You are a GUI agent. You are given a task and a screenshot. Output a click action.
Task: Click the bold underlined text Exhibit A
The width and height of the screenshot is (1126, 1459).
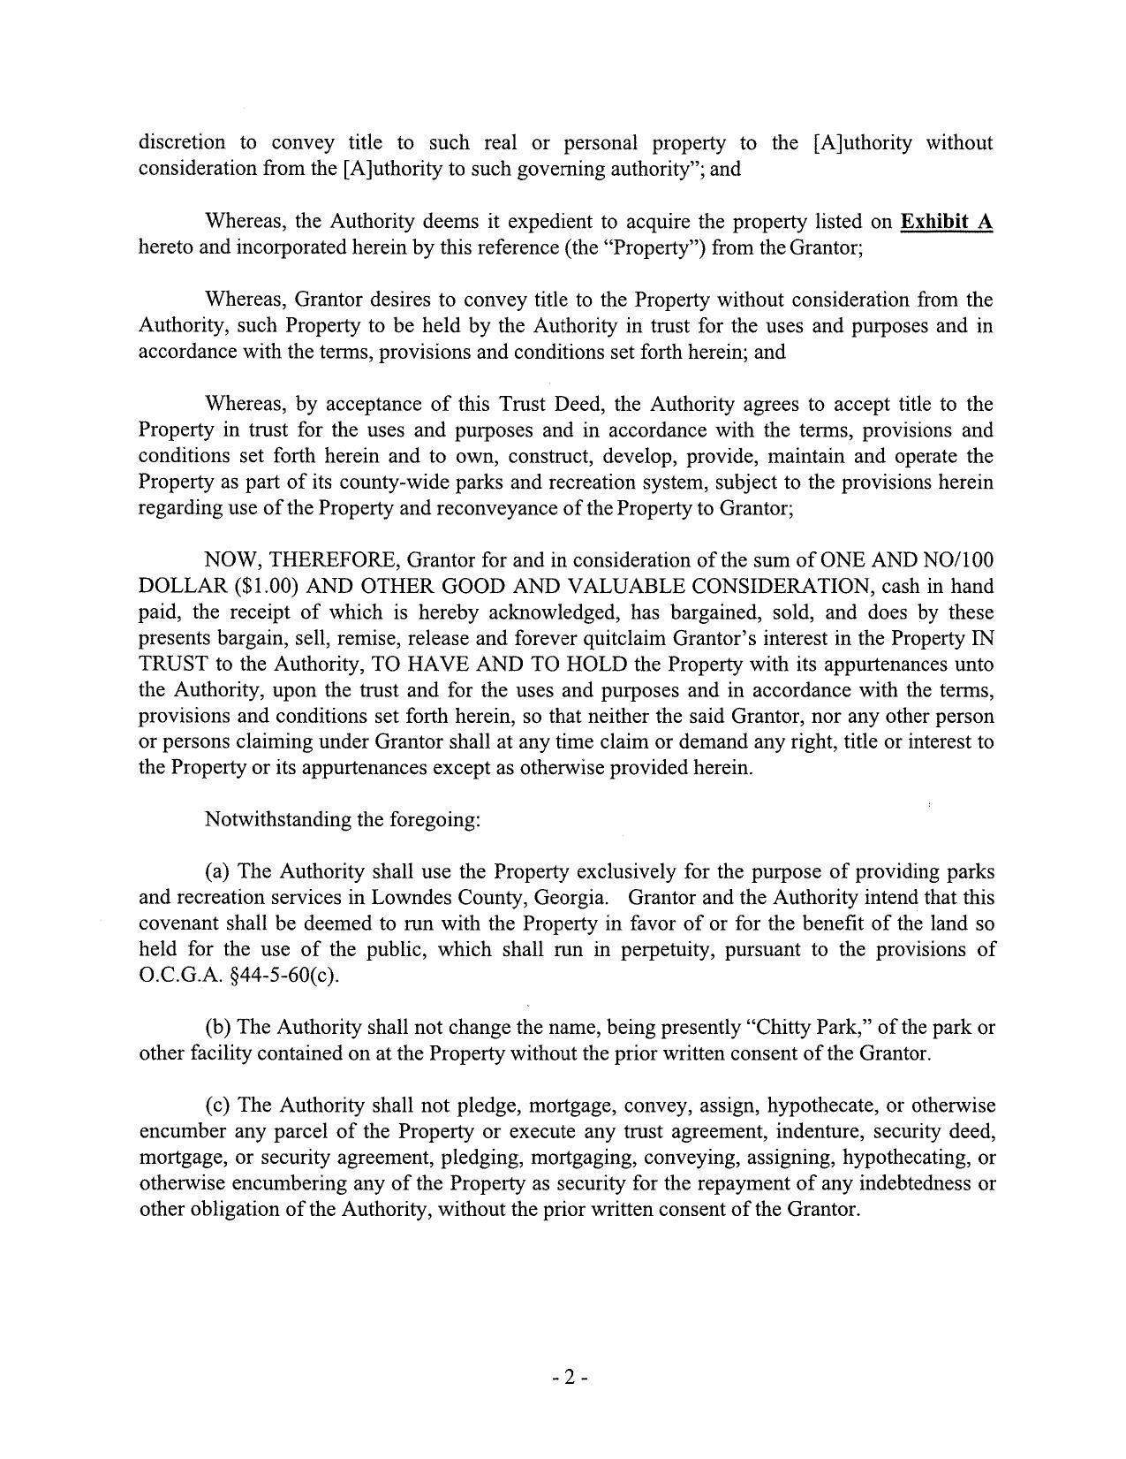point(946,221)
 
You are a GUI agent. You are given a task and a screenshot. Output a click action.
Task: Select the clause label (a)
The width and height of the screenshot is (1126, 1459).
point(219,871)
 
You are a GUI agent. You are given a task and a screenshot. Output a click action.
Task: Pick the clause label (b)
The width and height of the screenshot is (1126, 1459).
point(219,1028)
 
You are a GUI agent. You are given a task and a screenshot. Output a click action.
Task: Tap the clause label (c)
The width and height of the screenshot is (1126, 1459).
point(219,1106)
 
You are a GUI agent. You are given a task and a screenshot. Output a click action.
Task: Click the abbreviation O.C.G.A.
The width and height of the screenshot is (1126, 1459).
point(173,976)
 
